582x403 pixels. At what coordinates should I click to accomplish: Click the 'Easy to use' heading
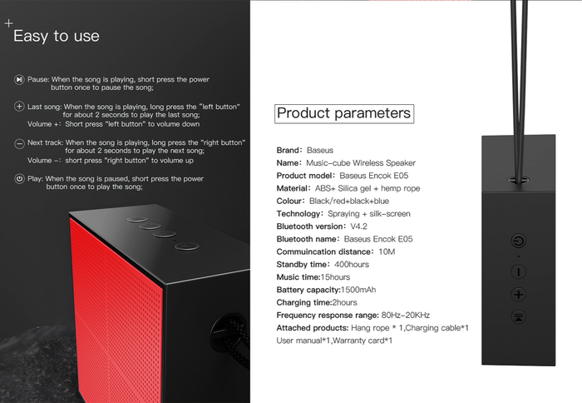pos(57,37)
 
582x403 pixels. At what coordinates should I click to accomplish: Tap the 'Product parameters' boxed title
pos(344,113)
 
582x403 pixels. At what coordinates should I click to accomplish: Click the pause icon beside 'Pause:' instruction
pos(19,80)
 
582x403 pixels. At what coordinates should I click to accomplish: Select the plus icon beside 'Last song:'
pos(19,107)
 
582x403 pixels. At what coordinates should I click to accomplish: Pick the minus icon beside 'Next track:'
pos(19,143)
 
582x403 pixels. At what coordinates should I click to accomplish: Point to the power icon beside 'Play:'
pos(19,179)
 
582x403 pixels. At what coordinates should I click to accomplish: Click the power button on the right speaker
pos(519,241)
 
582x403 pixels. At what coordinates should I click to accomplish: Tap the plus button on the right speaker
pos(519,295)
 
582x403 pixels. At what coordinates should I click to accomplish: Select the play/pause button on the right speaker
pos(519,317)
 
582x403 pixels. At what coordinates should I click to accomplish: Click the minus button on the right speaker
pos(519,271)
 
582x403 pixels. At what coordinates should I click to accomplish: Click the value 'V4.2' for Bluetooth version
pos(358,226)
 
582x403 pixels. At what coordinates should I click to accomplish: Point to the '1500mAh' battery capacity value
pos(358,290)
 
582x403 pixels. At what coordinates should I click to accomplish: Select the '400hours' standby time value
pos(352,264)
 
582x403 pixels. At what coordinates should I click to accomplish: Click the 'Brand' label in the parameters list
pos(289,150)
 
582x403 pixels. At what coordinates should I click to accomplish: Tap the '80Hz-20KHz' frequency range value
pos(406,316)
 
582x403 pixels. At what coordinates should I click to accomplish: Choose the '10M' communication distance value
pos(387,251)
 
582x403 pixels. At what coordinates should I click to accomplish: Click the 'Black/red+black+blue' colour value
pos(349,201)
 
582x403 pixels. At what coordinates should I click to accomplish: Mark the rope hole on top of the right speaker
pos(519,181)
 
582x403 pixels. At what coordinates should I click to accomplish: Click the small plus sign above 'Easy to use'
pos(8,23)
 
